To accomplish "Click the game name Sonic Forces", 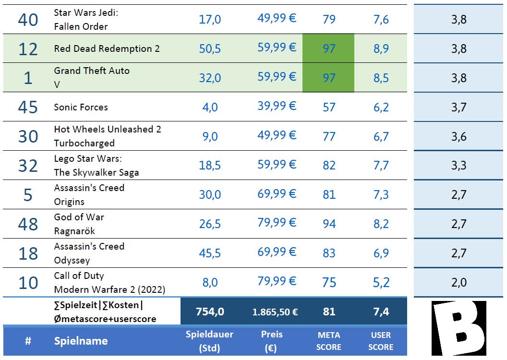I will pos(81,107).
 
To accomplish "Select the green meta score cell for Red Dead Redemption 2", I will pos(328,48).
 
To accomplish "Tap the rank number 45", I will pos(28,107).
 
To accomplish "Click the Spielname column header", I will pos(81,341).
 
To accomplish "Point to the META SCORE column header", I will pos(329,341).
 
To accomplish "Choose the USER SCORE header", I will pos(381,341).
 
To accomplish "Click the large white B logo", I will pos(459,328).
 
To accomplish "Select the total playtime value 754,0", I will pos(210,312).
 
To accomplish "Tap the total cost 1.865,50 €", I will pos(275,312).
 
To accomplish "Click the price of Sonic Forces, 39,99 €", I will pos(277,106).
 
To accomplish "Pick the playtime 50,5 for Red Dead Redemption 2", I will pos(210,48).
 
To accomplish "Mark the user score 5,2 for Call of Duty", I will pos(381,283).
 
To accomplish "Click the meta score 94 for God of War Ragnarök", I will pos(329,224).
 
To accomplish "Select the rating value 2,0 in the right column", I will pos(459,283).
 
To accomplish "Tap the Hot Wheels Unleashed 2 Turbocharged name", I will pos(107,136).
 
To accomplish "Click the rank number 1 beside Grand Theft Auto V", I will pos(28,78).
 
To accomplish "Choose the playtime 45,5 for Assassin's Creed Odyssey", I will pos(210,253).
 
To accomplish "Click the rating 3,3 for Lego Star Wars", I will pos(459,166).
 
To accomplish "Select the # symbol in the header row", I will pos(28,341).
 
